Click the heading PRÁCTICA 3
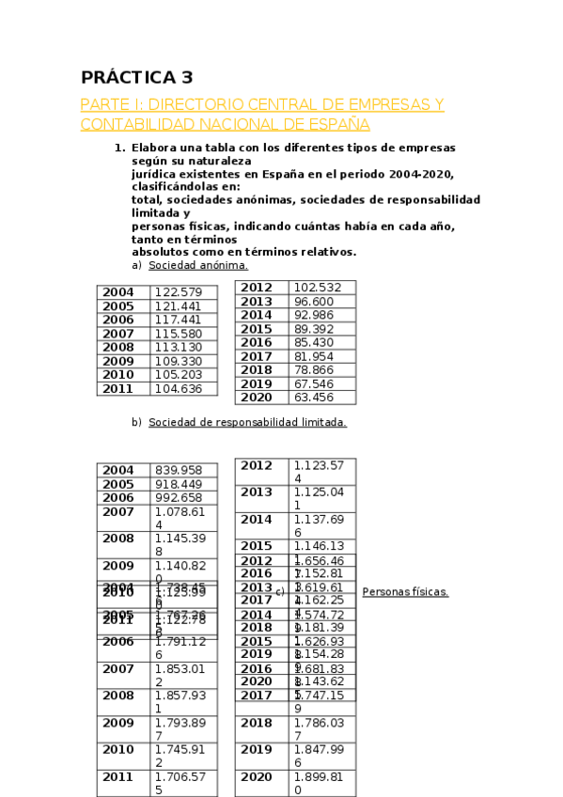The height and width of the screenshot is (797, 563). (136, 78)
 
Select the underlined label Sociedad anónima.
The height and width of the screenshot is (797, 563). (198, 266)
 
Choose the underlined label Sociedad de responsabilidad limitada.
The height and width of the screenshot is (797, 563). (247, 422)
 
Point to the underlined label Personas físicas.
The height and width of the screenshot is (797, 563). (405, 592)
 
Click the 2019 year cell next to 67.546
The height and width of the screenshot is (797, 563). (257, 383)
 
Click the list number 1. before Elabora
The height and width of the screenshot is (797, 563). (119, 148)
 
